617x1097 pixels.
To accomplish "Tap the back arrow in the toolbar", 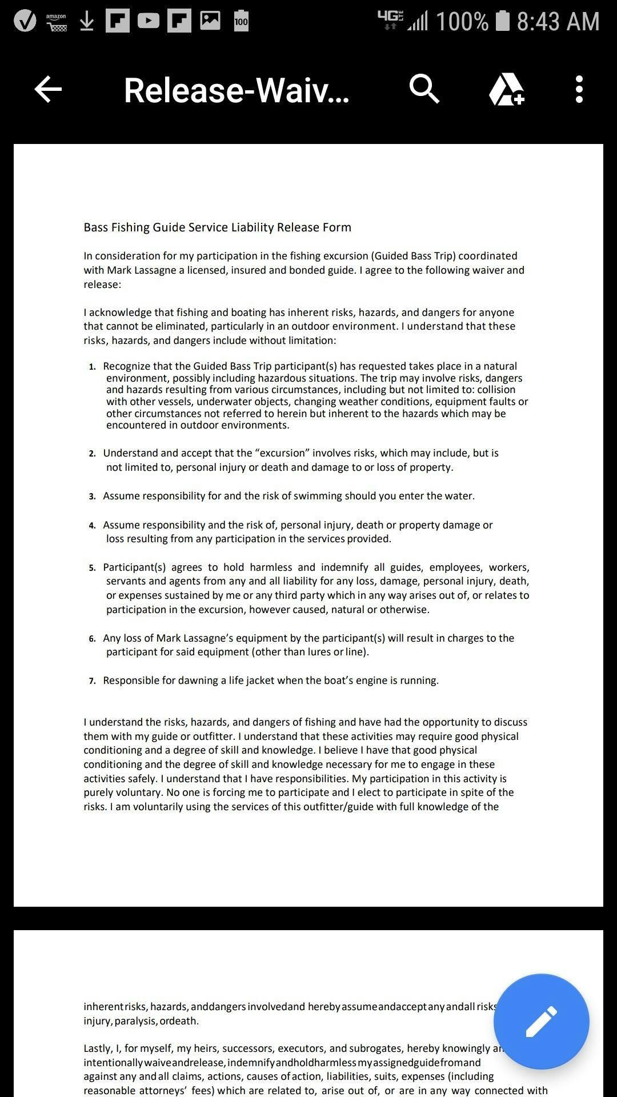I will [48, 90].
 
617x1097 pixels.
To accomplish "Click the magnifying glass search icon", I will [424, 89].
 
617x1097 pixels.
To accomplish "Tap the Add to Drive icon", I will [506, 90].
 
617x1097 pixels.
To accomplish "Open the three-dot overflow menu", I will [579, 90].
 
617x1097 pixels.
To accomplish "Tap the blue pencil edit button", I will [541, 1021].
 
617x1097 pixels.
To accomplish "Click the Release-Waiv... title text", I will [237, 90].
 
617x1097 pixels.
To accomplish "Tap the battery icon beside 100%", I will [503, 21].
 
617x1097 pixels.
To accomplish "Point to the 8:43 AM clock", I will [558, 22].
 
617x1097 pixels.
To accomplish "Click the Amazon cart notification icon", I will [57, 22].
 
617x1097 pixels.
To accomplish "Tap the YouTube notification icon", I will [149, 21].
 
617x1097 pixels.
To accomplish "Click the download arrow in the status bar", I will [87, 22].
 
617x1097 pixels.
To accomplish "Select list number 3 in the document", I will [93, 497].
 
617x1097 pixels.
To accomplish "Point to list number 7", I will [93, 681].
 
